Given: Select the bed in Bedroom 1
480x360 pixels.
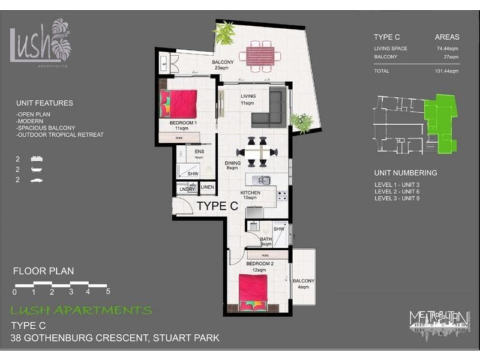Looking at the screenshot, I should click(x=179, y=104).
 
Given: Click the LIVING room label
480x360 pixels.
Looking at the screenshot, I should click(x=248, y=96).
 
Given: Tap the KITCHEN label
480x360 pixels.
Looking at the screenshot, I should click(x=250, y=193).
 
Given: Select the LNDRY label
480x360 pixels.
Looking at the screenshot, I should click(x=187, y=189).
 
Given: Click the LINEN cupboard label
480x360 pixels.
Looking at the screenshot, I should click(x=207, y=188).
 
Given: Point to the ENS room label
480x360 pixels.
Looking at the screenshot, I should click(x=199, y=152).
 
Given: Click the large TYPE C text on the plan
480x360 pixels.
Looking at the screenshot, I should click(x=217, y=206).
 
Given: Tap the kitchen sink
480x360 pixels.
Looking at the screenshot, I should click(x=262, y=179).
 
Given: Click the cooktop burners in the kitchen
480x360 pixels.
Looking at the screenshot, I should click(x=282, y=194).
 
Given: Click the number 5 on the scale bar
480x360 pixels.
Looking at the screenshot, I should click(x=108, y=292).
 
